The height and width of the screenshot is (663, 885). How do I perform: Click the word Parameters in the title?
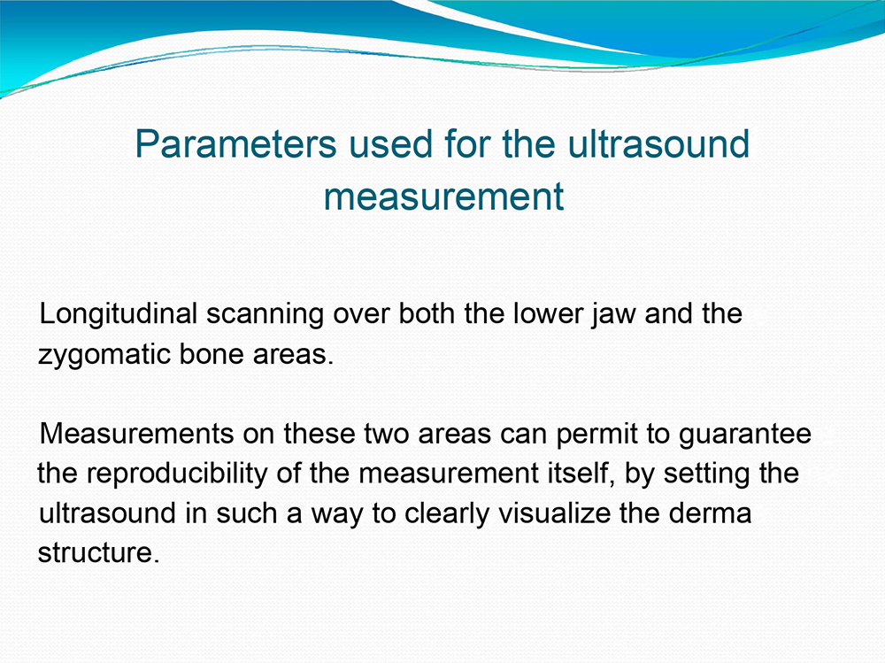tap(236, 144)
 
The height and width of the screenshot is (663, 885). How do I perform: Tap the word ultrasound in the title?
tap(658, 143)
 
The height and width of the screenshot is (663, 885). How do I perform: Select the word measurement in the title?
tap(443, 197)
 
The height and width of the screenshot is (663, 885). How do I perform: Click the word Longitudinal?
tap(118, 315)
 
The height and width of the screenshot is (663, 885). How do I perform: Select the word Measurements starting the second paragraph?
tap(136, 434)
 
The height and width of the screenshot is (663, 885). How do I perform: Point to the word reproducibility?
tap(177, 474)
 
